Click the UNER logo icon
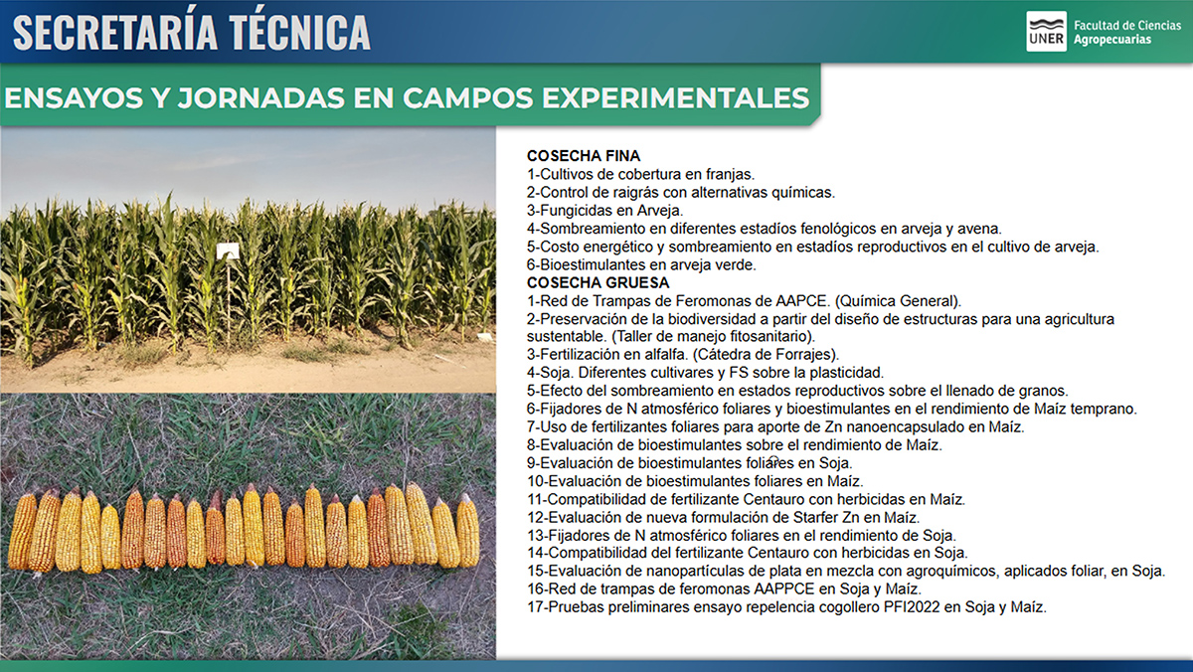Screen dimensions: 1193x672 click(x=1046, y=32)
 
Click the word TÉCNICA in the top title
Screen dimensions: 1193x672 click(x=299, y=32)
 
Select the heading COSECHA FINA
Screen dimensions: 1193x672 click(x=584, y=156)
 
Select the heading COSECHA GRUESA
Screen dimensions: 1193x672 click(x=597, y=282)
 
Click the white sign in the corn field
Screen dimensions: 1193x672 click(x=228, y=251)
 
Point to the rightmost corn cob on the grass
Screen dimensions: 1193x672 click(x=468, y=531)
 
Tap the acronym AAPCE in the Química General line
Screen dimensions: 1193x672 click(x=801, y=301)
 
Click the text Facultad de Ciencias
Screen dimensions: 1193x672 click(x=1127, y=25)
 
